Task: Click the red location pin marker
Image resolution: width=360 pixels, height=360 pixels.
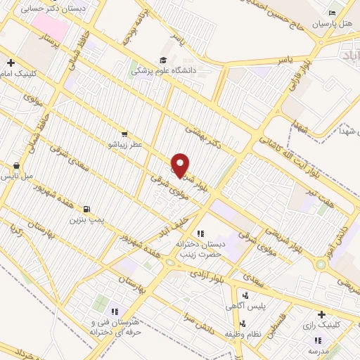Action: (x=181, y=165)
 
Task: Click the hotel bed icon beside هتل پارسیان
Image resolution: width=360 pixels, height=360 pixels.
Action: (x=333, y=12)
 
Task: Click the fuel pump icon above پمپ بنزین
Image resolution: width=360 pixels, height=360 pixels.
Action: (x=86, y=209)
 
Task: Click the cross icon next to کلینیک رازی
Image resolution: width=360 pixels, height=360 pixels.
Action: (x=321, y=314)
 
